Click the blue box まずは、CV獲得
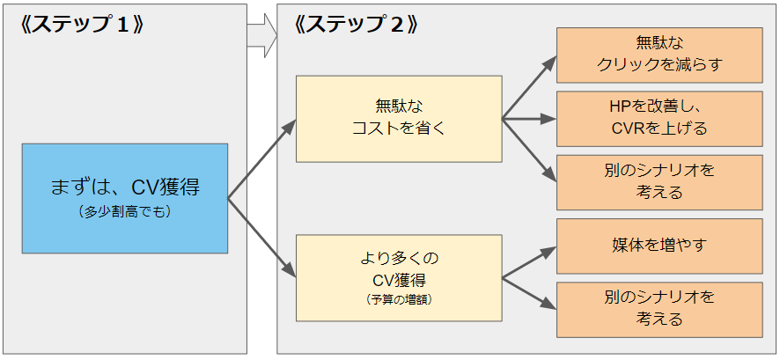pos(125,198)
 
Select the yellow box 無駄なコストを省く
pos(399,119)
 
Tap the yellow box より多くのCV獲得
pos(399,278)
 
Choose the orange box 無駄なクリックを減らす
pos(659,55)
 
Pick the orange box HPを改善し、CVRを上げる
pos(659,119)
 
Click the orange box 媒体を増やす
pos(659,246)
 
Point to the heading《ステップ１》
pos(82,25)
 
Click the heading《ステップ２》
pos(356,25)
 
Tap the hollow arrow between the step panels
pos(262,35)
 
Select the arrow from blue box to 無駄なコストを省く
pos(261,159)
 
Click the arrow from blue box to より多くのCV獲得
pos(261,238)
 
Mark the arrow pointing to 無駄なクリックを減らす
pos(529,87)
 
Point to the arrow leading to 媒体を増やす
pos(529,262)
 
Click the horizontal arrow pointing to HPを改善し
pos(529,119)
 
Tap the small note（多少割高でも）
pos(125,212)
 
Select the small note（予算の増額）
pos(399,300)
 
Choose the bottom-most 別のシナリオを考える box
pos(659,310)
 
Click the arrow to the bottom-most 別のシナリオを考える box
pos(529,293)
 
